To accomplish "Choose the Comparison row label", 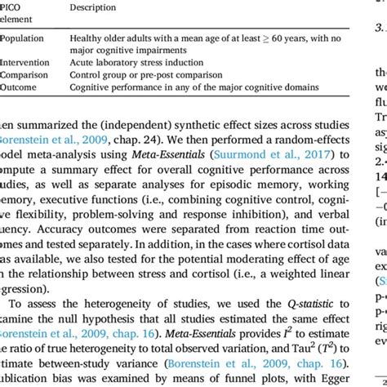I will point(24,74).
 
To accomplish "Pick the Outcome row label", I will point(20,87).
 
